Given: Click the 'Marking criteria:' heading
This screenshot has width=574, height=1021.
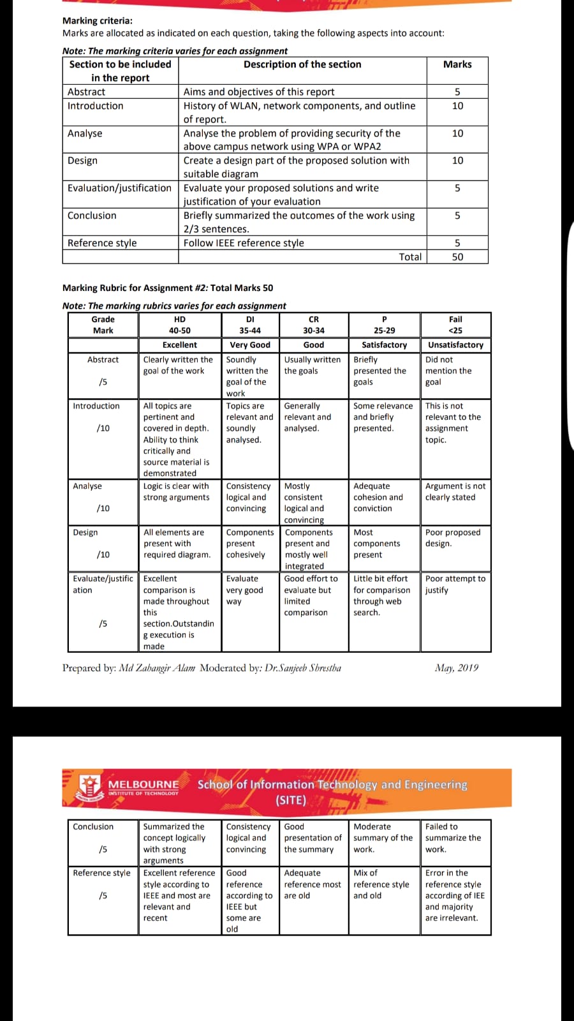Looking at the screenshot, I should (x=98, y=20).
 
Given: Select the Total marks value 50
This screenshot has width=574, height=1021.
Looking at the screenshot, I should (x=457, y=257).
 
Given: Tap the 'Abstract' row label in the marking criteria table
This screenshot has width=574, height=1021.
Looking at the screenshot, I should (x=87, y=92).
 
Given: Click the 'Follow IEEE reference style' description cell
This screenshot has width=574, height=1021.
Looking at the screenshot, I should (x=244, y=243).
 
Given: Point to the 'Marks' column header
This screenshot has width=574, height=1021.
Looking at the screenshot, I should (x=457, y=64).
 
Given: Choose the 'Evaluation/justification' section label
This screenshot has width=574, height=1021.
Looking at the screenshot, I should (x=119, y=188).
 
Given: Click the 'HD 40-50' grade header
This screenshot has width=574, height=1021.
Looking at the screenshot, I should (x=180, y=325).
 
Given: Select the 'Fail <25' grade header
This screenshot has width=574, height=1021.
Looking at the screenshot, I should (x=455, y=325).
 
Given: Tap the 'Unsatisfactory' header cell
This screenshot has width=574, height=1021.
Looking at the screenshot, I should (x=455, y=345).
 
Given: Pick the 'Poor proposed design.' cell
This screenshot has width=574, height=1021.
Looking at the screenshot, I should (x=453, y=538).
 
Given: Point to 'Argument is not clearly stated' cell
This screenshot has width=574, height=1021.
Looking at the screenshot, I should (x=455, y=491).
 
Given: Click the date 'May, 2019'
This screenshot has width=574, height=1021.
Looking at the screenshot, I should (x=457, y=668).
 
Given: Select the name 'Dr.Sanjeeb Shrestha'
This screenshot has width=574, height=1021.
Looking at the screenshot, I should (x=303, y=668).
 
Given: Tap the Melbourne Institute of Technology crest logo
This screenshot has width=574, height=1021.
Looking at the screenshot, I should (x=90, y=787).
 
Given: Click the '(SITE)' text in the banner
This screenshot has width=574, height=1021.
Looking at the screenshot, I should (x=291, y=800).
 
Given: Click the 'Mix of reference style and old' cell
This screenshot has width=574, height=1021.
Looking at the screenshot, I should (x=381, y=884).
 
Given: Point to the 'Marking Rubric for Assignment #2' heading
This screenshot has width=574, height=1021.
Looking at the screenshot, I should (x=168, y=288).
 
